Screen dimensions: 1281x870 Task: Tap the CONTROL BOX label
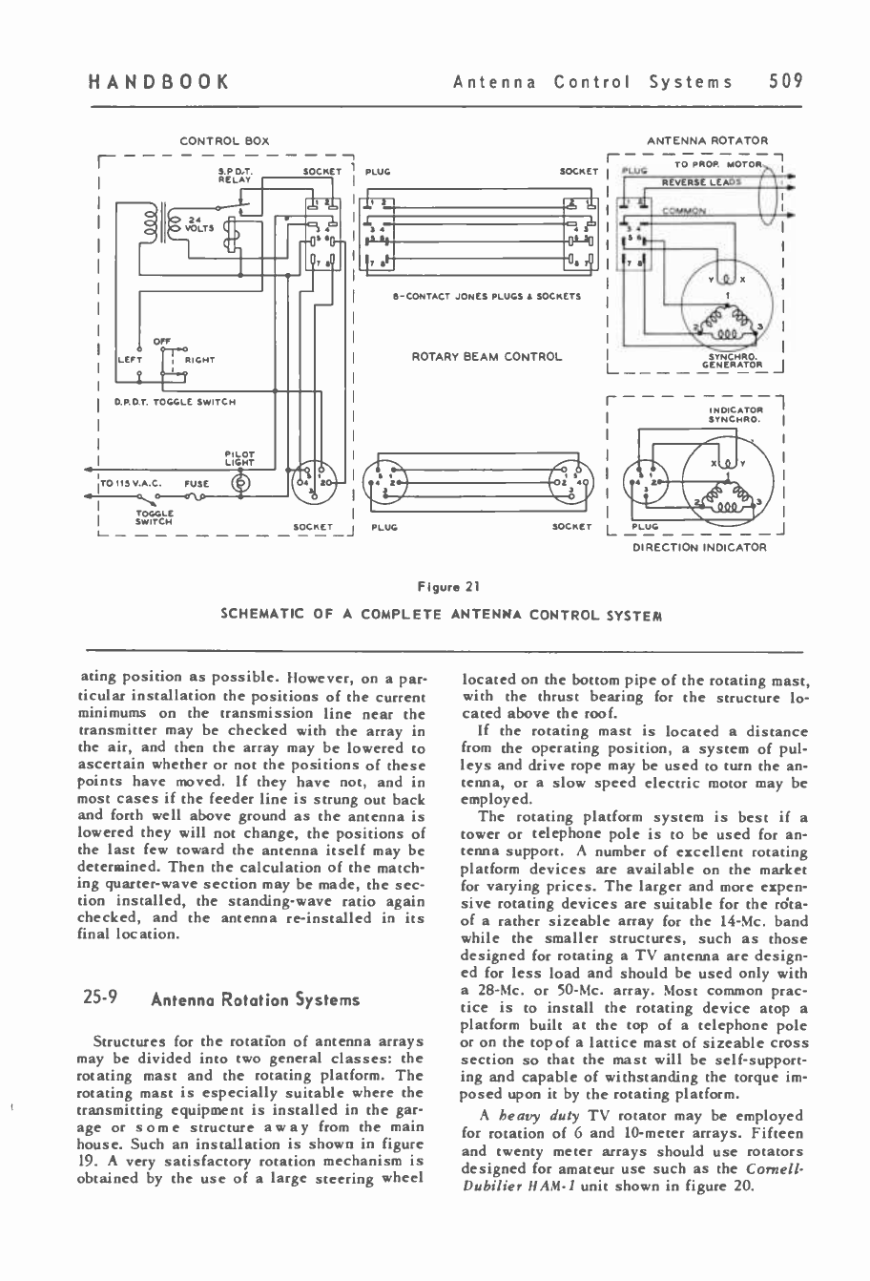pos(224,141)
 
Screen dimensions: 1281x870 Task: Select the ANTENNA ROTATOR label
pos(707,141)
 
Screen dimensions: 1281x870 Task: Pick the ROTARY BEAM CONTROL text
pos(487,357)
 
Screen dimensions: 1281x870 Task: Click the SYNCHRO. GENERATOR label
pos(730,360)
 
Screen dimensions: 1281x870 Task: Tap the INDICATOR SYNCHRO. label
pos(733,413)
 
